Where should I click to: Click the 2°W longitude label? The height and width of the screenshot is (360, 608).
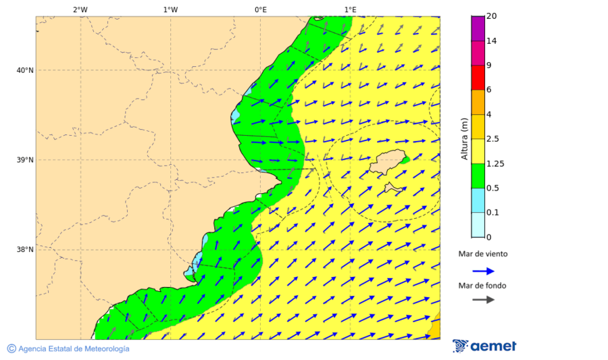coord(80,9)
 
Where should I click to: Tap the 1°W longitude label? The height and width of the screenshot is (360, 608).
coord(170,9)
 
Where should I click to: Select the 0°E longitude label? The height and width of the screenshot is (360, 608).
coord(260,9)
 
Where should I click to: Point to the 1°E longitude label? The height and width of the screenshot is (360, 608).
coord(350,9)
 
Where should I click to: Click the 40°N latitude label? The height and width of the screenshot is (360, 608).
coord(24,70)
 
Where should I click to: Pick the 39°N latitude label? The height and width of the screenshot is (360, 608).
coord(24,160)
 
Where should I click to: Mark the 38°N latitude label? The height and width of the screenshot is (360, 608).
coord(24,250)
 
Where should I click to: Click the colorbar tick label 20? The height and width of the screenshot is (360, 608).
coord(491,17)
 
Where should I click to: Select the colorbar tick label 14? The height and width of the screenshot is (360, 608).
coord(491,41)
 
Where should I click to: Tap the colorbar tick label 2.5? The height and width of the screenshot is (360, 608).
coord(493,139)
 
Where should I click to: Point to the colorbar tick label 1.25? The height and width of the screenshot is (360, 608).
coord(495,163)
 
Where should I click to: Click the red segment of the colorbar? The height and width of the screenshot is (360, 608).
coord(478,78)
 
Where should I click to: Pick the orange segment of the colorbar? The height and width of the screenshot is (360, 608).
coord(478,102)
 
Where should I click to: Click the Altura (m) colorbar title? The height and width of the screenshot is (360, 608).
coord(464,139)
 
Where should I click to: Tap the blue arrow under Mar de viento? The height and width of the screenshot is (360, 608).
coord(483,271)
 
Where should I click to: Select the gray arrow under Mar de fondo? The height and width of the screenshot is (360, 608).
coord(483,300)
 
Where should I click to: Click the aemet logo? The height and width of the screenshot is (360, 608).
coord(484,346)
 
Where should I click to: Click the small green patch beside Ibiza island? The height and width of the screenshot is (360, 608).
coord(405,160)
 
